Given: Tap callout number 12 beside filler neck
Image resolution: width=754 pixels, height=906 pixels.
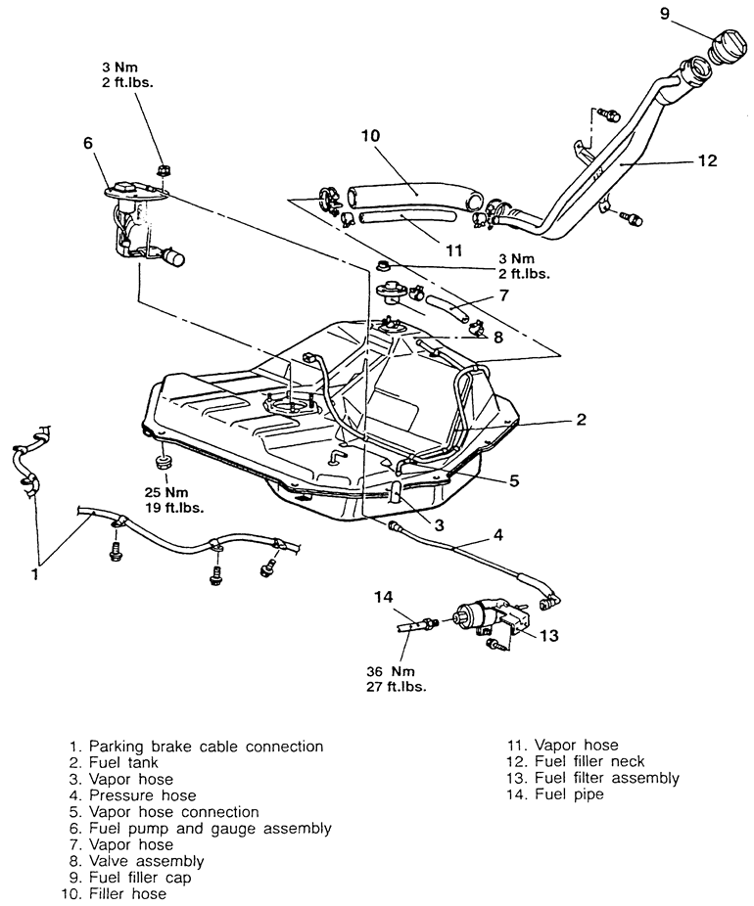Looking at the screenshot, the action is click(707, 160).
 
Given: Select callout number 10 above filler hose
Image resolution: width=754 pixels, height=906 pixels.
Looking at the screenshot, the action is click(371, 135).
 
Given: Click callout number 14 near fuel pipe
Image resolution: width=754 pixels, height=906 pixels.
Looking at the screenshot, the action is click(383, 597).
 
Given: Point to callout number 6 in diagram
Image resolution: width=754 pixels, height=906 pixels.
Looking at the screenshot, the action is click(88, 142).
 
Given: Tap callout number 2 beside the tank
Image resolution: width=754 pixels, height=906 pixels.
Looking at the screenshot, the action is click(581, 419).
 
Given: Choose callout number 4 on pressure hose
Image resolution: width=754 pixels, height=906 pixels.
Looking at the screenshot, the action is click(497, 534).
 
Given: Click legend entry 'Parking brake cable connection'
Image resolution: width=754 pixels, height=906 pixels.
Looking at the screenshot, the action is click(196, 747).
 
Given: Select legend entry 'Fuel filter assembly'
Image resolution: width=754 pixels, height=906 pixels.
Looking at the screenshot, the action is click(593, 778).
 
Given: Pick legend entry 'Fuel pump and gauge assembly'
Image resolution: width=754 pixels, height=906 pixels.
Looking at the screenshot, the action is click(200, 829).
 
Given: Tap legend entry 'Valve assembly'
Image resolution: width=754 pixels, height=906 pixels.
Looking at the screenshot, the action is click(136, 861).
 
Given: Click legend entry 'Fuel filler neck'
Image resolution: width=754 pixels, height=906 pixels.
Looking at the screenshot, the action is click(576, 761).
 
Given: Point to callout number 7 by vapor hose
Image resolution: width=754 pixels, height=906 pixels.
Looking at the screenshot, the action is click(503, 295).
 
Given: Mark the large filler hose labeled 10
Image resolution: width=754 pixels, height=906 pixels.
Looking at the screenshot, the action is click(416, 196).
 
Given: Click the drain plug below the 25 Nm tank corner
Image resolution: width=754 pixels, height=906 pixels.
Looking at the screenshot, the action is click(162, 461).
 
